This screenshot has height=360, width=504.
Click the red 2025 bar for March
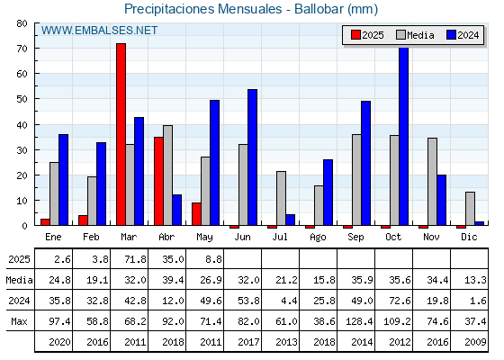click(121, 134)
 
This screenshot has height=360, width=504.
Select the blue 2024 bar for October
click(403, 136)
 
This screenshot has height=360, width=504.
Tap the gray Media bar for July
click(281, 198)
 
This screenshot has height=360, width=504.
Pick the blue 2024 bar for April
click(176, 210)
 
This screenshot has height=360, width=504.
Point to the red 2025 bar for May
click(196, 214)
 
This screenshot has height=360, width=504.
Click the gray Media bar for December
click(470, 209)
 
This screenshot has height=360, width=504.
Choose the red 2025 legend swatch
click(355, 35)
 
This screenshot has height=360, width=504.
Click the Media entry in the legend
click(415, 35)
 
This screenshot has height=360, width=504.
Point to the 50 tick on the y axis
click(36, 99)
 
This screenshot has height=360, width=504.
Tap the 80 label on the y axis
click(22, 23)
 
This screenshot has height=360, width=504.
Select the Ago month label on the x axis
click(318, 238)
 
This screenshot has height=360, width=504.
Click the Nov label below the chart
click(431, 237)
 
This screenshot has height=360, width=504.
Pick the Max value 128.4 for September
click(359, 321)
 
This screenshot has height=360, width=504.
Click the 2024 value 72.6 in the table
click(400, 301)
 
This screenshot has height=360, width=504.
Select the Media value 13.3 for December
click(476, 280)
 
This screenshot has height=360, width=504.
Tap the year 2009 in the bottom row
click(476, 342)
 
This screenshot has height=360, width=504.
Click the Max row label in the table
click(19, 321)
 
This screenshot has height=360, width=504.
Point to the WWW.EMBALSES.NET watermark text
click(99, 31)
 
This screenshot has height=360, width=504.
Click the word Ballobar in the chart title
click(319, 9)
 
